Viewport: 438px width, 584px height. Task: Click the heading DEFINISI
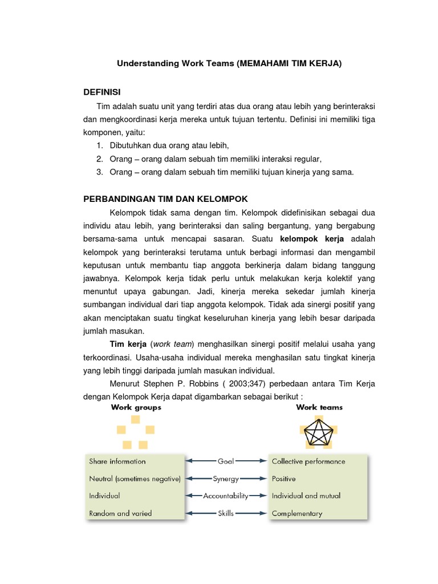click(x=102, y=92)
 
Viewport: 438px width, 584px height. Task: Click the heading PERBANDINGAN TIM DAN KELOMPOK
click(x=165, y=198)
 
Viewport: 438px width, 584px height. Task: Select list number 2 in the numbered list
click(x=99, y=159)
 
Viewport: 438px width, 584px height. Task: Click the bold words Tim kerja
click(x=129, y=344)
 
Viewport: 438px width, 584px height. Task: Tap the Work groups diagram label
click(x=136, y=407)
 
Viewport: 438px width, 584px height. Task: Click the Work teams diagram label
click(x=319, y=407)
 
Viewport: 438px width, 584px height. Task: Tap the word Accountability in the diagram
click(x=226, y=496)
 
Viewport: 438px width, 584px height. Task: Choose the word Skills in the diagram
click(x=226, y=513)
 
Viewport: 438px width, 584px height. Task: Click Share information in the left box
click(x=117, y=461)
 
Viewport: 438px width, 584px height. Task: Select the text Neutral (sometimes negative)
click(x=135, y=478)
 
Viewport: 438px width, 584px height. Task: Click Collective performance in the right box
click(x=309, y=461)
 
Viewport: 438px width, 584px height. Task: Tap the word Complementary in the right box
click(x=297, y=513)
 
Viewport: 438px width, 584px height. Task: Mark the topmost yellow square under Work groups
click(x=135, y=420)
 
